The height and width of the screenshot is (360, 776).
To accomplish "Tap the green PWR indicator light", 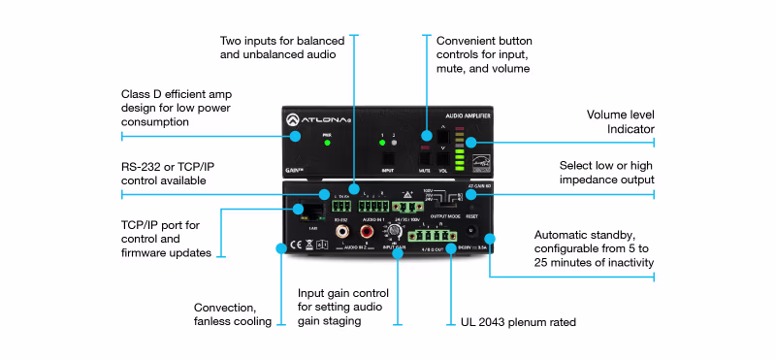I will tap(327, 143).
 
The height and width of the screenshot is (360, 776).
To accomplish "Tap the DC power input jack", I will tap(472, 233).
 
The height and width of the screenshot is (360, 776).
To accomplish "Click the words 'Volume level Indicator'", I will tap(620, 121).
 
